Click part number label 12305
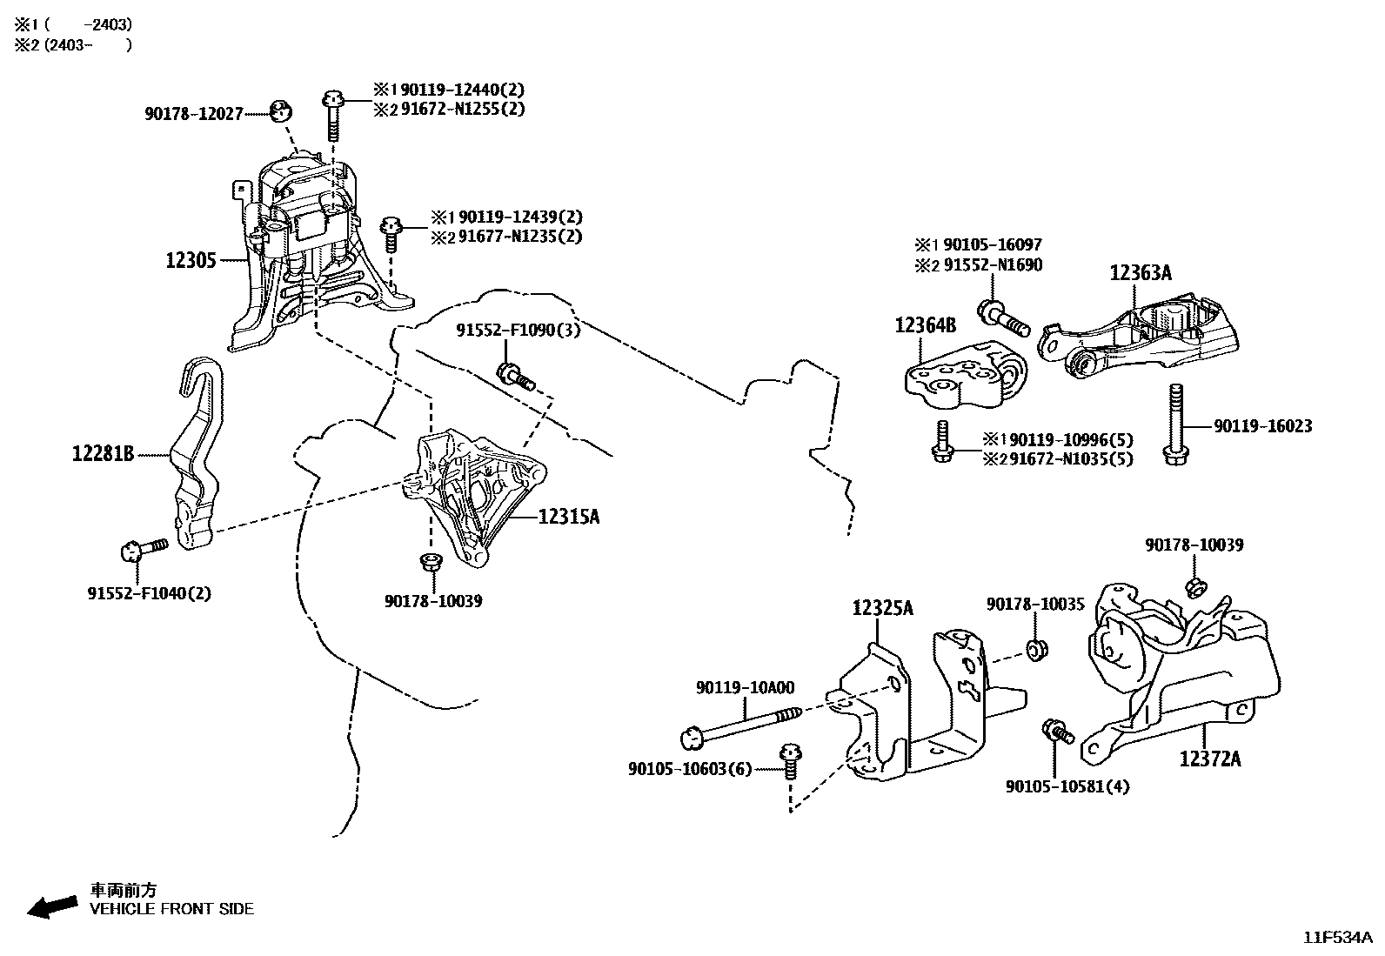point(191,260)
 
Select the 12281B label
point(103,453)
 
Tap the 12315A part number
point(569,517)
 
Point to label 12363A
point(1141,273)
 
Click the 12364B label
point(926,325)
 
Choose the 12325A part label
point(882,608)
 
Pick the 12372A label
point(1210,759)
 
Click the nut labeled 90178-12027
point(280,111)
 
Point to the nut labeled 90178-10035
point(1035,649)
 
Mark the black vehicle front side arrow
point(51,905)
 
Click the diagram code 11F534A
point(1336,938)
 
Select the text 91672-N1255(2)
point(462,110)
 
